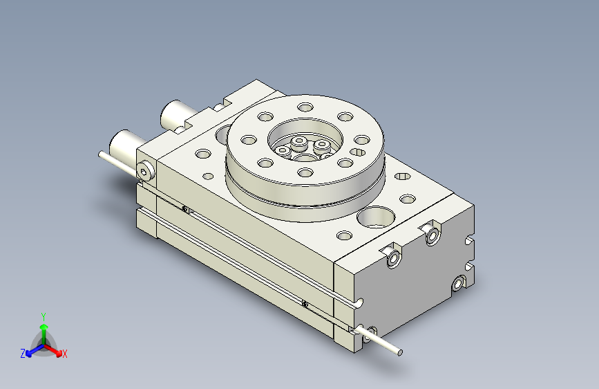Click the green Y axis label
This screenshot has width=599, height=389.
(43, 316)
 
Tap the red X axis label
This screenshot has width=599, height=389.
(65, 354)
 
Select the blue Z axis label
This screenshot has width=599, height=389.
(23, 353)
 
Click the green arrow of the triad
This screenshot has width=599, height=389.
(44, 328)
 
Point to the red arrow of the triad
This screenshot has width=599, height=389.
(55, 349)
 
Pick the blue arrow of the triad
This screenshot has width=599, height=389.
(32, 349)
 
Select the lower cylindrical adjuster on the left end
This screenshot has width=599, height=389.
(126, 144)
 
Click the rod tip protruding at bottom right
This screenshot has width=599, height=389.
(399, 353)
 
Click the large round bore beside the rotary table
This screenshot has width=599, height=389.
(375, 217)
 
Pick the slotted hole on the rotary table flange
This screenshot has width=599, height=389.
(359, 152)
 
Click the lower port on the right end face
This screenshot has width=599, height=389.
(457, 284)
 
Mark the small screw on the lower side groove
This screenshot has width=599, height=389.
(304, 302)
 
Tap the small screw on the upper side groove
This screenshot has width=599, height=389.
(184, 208)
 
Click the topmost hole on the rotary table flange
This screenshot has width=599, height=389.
(305, 107)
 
